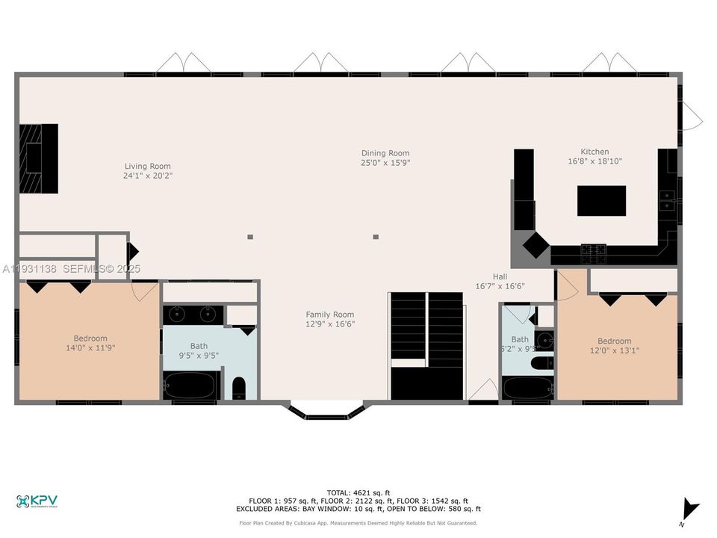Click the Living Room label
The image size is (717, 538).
click(x=147, y=167)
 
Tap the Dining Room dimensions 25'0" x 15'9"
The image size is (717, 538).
click(x=385, y=163)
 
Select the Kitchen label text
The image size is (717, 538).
click(x=595, y=152)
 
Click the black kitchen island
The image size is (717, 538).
click(x=601, y=201)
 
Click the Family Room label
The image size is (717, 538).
click(x=329, y=315)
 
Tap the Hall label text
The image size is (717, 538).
click(x=500, y=276)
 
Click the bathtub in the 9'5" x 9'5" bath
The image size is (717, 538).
click(x=190, y=386)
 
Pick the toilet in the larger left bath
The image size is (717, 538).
click(x=239, y=388)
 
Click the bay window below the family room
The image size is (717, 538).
click(x=327, y=412)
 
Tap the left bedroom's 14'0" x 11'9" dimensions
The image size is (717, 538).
click(x=90, y=347)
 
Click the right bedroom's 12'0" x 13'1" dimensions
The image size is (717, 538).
click(x=614, y=350)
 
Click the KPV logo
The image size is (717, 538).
click(x=37, y=501)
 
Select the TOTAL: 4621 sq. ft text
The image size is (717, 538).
click(x=358, y=492)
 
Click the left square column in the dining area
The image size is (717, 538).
click(x=250, y=237)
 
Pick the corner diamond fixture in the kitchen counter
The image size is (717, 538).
click(x=535, y=244)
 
